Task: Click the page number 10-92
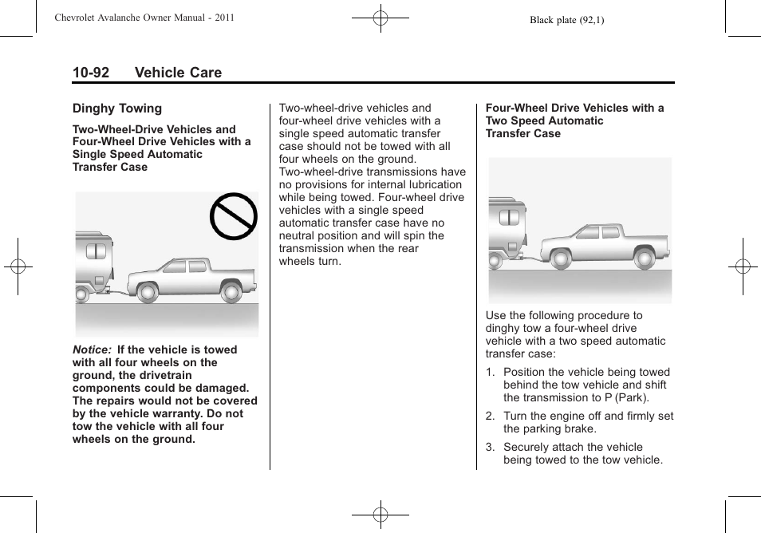coord(91,73)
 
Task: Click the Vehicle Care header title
coord(178,73)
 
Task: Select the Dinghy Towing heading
coord(117,109)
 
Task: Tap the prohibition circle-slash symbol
coord(234,217)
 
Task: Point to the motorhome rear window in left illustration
coord(96,251)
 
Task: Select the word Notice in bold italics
coord(90,349)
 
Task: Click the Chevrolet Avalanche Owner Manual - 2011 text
coord(144,18)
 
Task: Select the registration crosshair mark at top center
coord(380,18)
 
